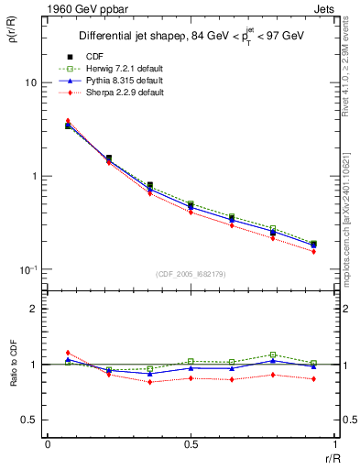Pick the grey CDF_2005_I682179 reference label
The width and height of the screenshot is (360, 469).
click(189, 274)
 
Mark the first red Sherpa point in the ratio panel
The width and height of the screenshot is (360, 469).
click(68, 353)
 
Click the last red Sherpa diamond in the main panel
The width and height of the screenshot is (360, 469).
click(313, 251)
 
